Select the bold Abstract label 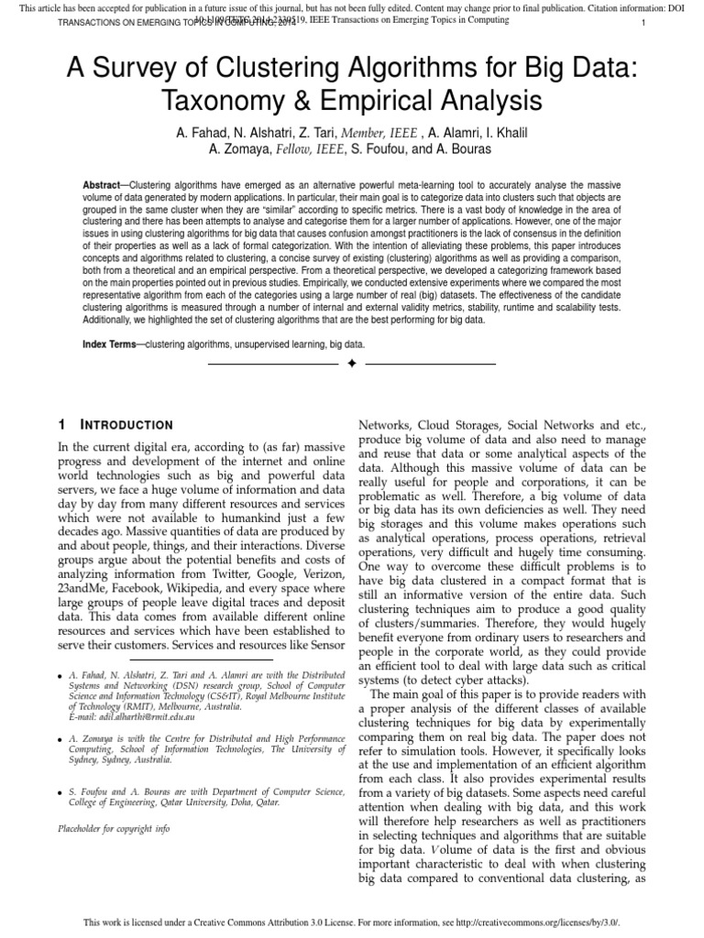pyautogui.click(x=101, y=185)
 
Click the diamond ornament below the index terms pyautogui.click(x=351, y=365)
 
